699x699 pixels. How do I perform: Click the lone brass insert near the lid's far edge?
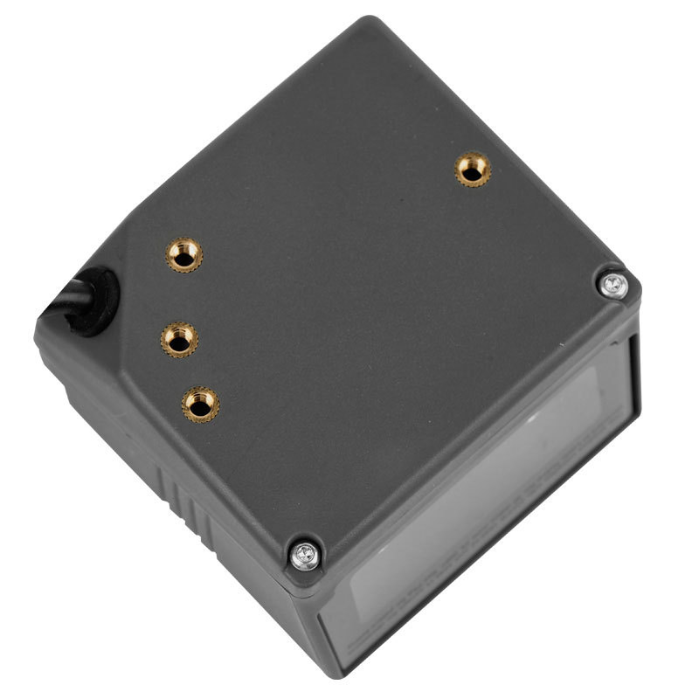[x=473, y=169]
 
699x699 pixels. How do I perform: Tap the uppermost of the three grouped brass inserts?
[x=184, y=254]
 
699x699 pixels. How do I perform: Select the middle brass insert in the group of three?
[x=179, y=338]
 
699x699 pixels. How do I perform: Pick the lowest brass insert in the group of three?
[x=200, y=403]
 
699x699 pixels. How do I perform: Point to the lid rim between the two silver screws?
[x=463, y=428]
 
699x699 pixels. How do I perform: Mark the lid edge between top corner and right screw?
[x=498, y=149]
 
